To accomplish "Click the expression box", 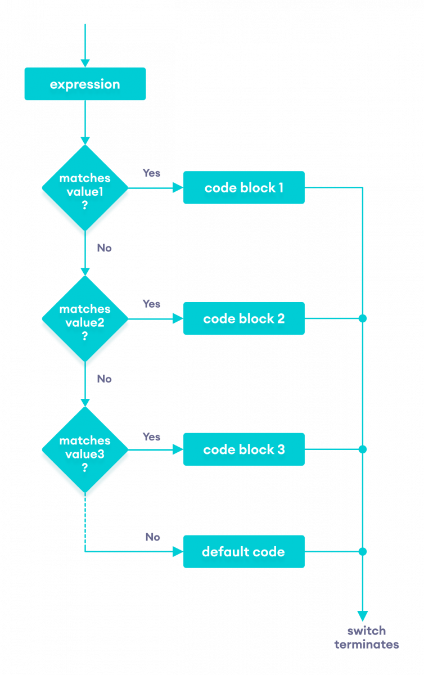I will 85,84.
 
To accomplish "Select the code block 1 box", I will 243,187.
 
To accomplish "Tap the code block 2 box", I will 243,318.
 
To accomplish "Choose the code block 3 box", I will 243,449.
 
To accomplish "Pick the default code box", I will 243,552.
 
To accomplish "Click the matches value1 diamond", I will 85,187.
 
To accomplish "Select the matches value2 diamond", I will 85,318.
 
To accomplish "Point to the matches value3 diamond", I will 85,449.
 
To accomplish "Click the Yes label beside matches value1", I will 151,173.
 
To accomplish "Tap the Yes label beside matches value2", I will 151,304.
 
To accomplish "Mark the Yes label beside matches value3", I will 151,436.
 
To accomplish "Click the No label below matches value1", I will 105,247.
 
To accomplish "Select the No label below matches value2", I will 105,379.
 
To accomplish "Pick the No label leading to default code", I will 153,537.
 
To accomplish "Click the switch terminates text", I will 367,638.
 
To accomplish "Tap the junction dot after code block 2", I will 363,318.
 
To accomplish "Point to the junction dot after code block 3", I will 363,449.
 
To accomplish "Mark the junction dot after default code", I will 363,551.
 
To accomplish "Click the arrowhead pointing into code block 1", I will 179,187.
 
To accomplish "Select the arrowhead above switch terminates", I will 363,616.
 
